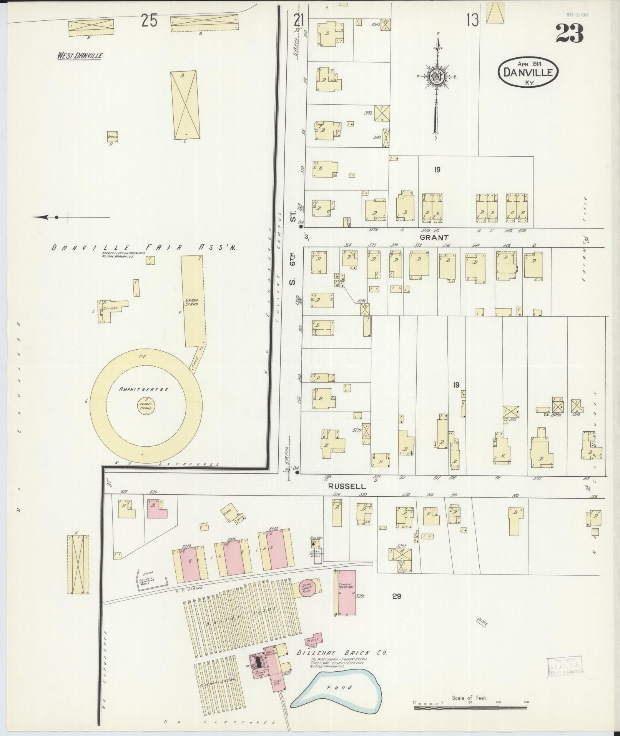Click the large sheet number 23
tap(569, 34)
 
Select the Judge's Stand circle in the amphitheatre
tap(146, 406)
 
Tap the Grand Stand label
tap(191, 302)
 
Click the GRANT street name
tap(434, 238)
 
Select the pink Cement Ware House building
tap(346, 598)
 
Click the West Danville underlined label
tap(80, 56)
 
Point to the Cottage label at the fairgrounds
tap(110, 309)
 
